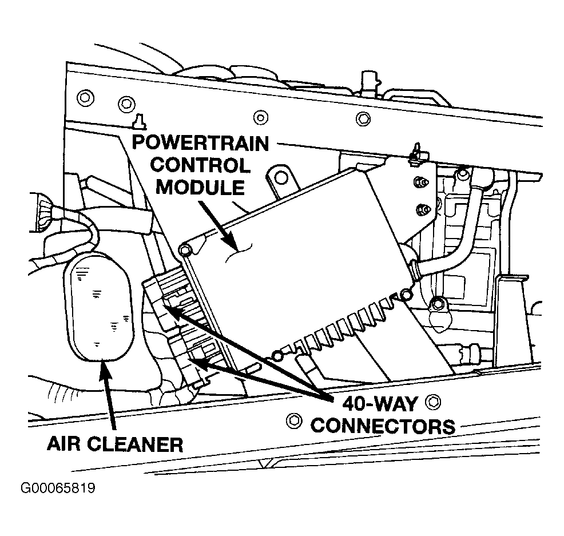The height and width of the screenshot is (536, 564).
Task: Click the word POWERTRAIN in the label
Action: pyautogui.click(x=200, y=143)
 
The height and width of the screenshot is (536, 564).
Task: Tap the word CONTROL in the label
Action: pyautogui.click(x=200, y=165)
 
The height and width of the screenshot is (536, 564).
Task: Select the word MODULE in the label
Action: pyautogui.click(x=200, y=188)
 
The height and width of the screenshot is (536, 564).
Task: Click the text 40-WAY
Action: pyautogui.click(x=380, y=404)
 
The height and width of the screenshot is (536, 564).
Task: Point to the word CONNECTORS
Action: pyautogui.click(x=383, y=426)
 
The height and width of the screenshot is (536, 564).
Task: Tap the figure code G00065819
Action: pyautogui.click(x=58, y=488)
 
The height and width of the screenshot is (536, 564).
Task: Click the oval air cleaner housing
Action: pyautogui.click(x=98, y=307)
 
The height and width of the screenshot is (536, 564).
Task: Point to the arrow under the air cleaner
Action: pyautogui.click(x=109, y=394)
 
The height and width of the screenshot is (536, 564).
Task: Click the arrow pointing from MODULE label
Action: pyautogui.click(x=218, y=225)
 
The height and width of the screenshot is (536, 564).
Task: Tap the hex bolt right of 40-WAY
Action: pyautogui.click(x=432, y=402)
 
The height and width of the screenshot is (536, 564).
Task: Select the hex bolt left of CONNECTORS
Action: pyautogui.click(x=294, y=420)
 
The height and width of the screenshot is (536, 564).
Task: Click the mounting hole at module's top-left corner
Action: pyautogui.click(x=184, y=249)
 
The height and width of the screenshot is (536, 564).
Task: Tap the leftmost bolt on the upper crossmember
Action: pyautogui.click(x=86, y=97)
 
